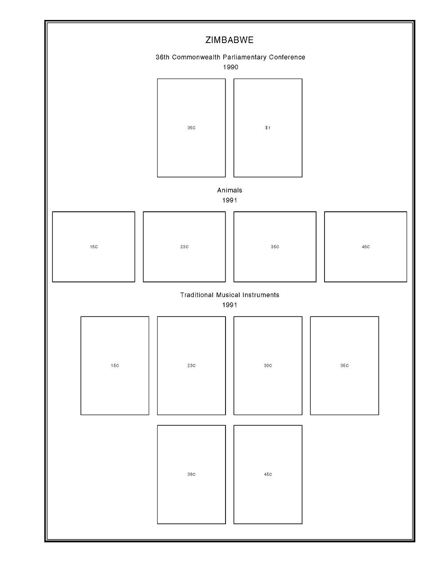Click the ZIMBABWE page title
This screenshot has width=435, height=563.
(x=229, y=40)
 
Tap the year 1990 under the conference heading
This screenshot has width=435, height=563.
(x=230, y=67)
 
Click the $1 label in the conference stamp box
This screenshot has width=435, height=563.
(x=268, y=128)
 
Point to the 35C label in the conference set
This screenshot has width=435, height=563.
(x=191, y=128)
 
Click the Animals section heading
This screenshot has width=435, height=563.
(x=229, y=190)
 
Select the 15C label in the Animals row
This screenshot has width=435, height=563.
(x=94, y=247)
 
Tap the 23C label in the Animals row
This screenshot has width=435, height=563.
(x=184, y=247)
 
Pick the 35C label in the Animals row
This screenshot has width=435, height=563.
(x=275, y=247)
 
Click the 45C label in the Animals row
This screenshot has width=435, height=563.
(x=365, y=247)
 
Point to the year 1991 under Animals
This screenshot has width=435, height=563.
(x=229, y=200)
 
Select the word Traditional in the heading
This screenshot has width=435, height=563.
(x=197, y=295)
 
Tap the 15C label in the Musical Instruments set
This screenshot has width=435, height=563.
(x=115, y=366)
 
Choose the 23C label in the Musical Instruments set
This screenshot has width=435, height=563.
(x=191, y=366)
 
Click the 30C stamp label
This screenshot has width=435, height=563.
(x=268, y=366)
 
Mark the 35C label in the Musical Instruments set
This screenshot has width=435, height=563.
(x=344, y=366)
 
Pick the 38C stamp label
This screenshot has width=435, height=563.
(x=191, y=475)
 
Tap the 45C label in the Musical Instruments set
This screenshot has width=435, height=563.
(x=268, y=475)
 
